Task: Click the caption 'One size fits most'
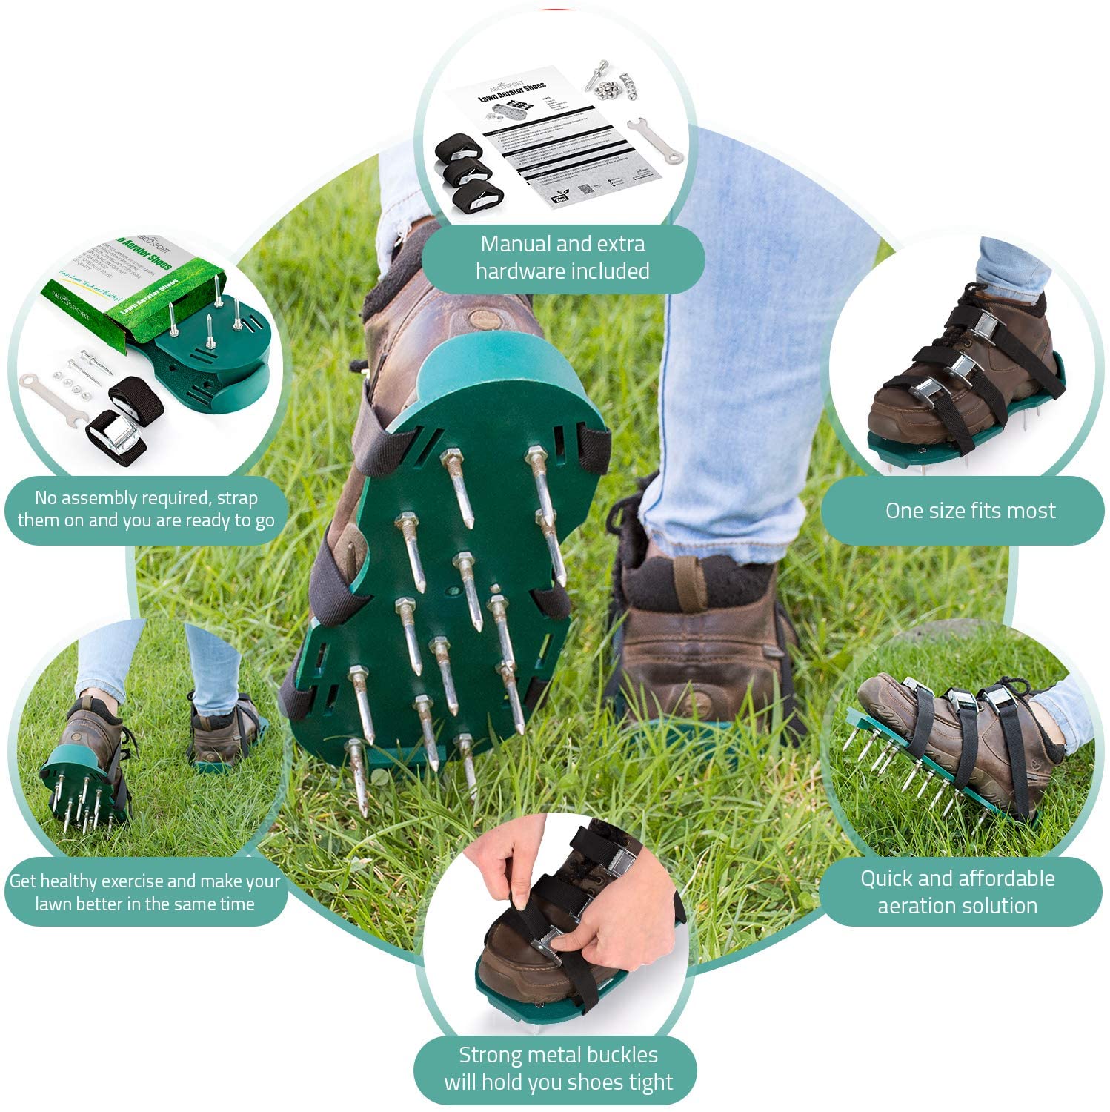[969, 511]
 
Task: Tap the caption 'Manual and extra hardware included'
[562, 257]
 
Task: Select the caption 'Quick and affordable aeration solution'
[957, 892]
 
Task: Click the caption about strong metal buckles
[558, 1068]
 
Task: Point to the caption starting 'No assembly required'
[145, 509]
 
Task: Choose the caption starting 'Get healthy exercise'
[144, 892]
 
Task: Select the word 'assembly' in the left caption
[104, 497]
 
